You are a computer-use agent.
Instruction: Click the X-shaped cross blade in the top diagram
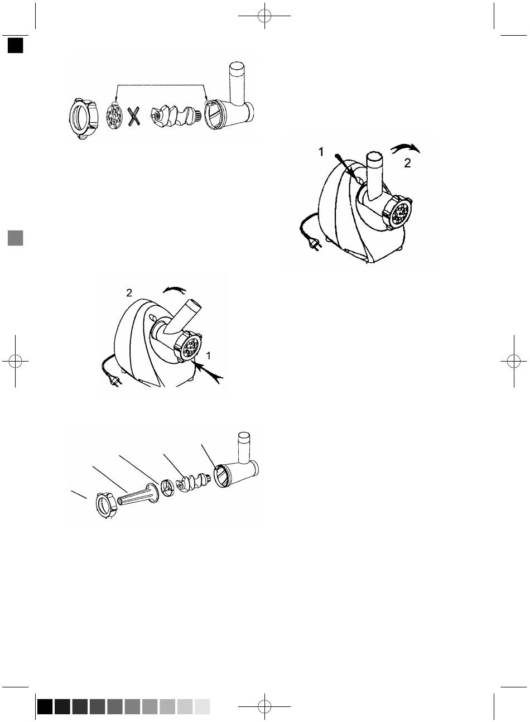[x=134, y=117]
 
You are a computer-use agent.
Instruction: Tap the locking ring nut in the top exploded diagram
[x=83, y=118]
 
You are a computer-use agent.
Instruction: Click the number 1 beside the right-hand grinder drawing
[x=321, y=152]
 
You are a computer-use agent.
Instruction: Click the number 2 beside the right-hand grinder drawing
[x=408, y=163]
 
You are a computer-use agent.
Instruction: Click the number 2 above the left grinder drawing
[x=129, y=293]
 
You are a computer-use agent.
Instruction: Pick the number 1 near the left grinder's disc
[x=208, y=356]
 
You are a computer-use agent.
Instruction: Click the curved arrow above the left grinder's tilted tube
[x=174, y=290]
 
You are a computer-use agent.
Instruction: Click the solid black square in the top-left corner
[x=16, y=45]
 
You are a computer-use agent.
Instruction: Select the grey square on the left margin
[x=16, y=238]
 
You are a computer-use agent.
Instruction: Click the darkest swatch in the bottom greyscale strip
[x=45, y=706]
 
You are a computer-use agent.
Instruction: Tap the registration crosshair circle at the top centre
[x=264, y=16]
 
